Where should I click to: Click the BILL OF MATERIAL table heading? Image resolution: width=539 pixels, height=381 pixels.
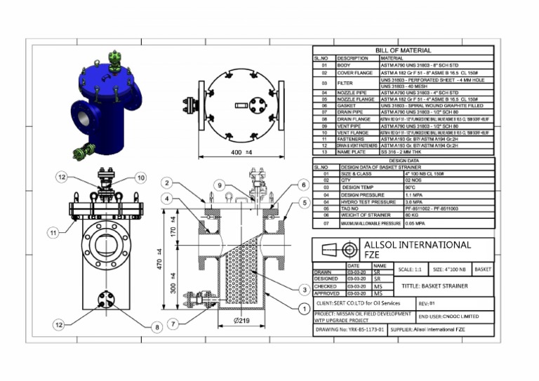403,51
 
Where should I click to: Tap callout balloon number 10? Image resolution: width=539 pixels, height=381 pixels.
140,178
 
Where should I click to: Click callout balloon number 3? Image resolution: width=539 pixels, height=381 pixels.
304,290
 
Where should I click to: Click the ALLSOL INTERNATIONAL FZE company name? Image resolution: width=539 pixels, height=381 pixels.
418,250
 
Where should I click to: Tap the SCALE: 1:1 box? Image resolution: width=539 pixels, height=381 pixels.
410,269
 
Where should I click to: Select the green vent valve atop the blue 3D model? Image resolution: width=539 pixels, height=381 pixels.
114,58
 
